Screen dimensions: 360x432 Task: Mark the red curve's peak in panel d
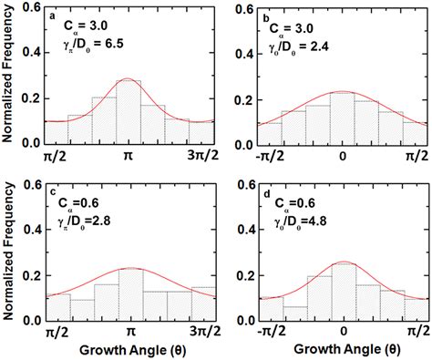point(342,262)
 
